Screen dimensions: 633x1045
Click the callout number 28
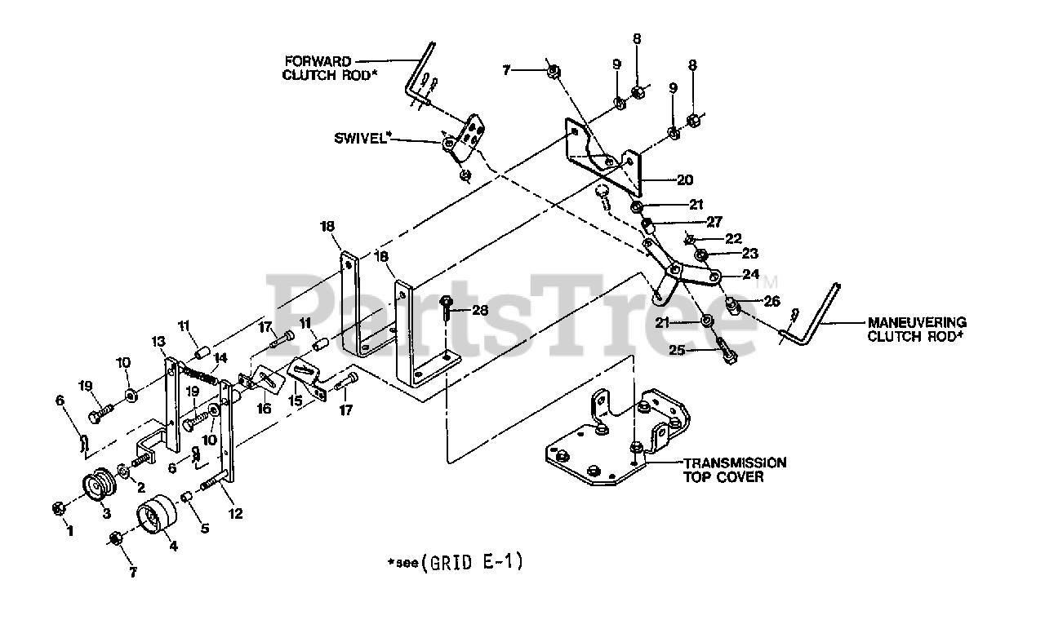(x=479, y=311)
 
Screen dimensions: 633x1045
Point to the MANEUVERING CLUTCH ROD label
(x=916, y=329)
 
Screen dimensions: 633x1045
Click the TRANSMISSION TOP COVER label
(x=734, y=469)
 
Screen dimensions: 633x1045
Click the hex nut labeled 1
(x=58, y=508)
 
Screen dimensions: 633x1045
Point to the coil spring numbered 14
(x=199, y=377)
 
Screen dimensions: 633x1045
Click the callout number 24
(x=750, y=274)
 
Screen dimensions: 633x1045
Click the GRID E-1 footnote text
(x=471, y=561)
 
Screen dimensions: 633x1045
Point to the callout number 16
(x=265, y=409)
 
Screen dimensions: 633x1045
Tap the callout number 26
(x=772, y=301)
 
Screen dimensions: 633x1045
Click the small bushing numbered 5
(x=185, y=497)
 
